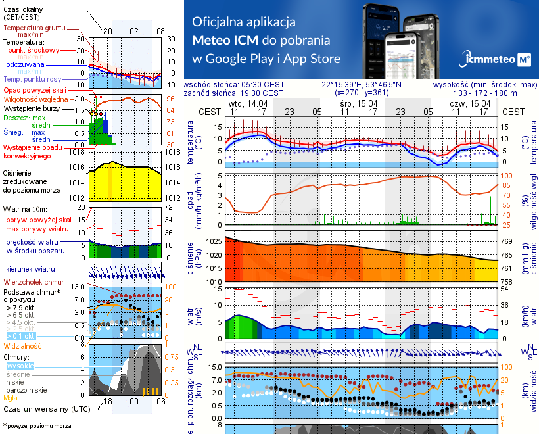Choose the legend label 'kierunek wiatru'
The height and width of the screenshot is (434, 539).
(x=31, y=270)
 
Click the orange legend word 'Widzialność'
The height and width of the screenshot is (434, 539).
(x=23, y=345)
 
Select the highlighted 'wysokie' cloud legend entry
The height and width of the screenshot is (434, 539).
(x=19, y=365)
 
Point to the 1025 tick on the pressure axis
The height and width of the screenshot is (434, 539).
(x=215, y=242)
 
